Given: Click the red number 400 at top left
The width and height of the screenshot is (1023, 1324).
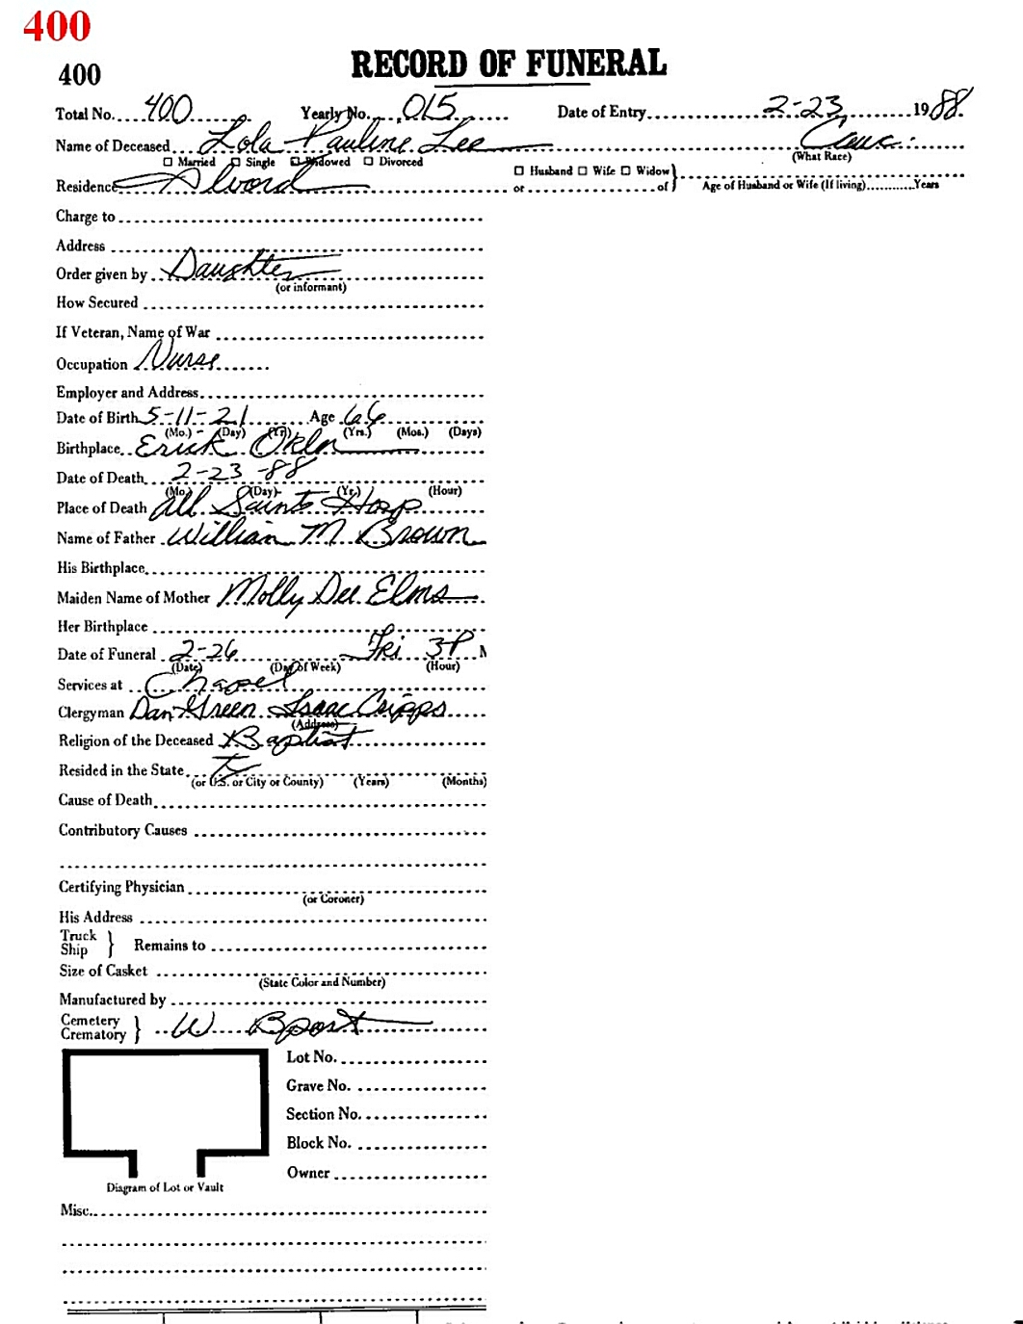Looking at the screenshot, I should pyautogui.click(x=57, y=26).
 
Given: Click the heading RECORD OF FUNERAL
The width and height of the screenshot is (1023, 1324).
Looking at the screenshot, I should pyautogui.click(x=509, y=65).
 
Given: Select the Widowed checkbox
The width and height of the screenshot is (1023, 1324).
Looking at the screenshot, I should pyautogui.click(x=297, y=162).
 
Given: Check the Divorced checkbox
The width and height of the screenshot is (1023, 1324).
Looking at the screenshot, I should pyautogui.click(x=369, y=162).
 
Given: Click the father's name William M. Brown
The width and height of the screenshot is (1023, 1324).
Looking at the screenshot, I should pyautogui.click(x=323, y=535).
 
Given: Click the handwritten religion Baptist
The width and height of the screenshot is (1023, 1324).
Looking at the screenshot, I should pyautogui.click(x=294, y=739).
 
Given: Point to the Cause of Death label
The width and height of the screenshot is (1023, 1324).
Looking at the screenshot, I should pyautogui.click(x=105, y=800).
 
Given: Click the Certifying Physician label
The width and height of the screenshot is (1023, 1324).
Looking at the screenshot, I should pyautogui.click(x=121, y=887).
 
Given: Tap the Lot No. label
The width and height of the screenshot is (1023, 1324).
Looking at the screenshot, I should pyautogui.click(x=311, y=1057).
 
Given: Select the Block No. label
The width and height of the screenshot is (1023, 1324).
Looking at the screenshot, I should pyautogui.click(x=318, y=1143).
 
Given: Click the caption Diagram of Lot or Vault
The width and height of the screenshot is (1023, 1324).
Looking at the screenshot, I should pyautogui.click(x=165, y=1187).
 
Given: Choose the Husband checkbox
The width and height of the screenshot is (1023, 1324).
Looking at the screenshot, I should pyautogui.click(x=519, y=171).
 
